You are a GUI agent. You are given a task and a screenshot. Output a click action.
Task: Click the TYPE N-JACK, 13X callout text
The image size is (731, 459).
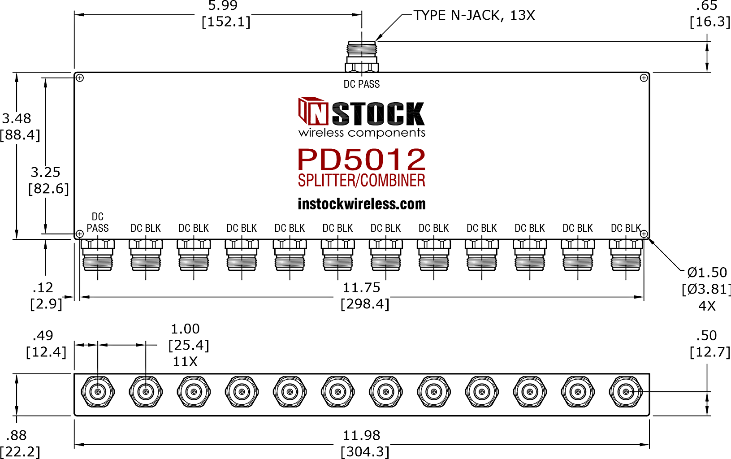(474, 15)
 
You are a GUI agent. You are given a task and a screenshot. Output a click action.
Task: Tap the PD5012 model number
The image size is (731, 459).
(362, 160)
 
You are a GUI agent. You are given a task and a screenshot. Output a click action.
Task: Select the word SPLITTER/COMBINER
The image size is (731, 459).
(362, 181)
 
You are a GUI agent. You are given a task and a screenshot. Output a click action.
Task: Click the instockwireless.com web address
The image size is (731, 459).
(362, 204)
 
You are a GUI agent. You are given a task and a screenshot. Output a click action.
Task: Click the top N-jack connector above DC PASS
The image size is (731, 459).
(362, 56)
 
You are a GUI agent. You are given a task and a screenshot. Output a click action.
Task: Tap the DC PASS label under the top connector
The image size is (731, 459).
(362, 84)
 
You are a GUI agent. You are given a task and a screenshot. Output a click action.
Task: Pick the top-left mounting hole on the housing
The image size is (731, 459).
(80, 78)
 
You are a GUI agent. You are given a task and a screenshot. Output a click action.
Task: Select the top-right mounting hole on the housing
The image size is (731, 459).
(644, 78)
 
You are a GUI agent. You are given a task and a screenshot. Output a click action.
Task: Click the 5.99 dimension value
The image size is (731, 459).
(223, 5)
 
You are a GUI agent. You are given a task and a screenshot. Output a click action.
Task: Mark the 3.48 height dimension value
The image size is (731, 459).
(16, 118)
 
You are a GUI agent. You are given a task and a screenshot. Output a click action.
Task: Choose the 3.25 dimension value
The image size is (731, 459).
(45, 173)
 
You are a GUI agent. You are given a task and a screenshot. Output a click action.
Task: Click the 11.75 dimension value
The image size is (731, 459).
(361, 288)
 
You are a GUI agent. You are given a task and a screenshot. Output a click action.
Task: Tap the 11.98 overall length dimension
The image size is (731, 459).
(361, 436)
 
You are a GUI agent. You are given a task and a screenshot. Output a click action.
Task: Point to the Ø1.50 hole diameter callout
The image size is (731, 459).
(707, 272)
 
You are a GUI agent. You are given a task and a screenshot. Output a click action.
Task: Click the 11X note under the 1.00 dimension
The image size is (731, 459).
(185, 362)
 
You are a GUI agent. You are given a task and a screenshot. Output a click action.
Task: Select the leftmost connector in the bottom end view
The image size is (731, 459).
(98, 392)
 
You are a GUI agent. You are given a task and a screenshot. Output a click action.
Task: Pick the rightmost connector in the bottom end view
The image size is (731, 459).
(626, 392)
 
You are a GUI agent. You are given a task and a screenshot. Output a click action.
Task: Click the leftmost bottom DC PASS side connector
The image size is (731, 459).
(98, 255)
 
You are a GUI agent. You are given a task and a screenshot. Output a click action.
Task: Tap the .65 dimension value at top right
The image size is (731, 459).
(706, 5)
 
